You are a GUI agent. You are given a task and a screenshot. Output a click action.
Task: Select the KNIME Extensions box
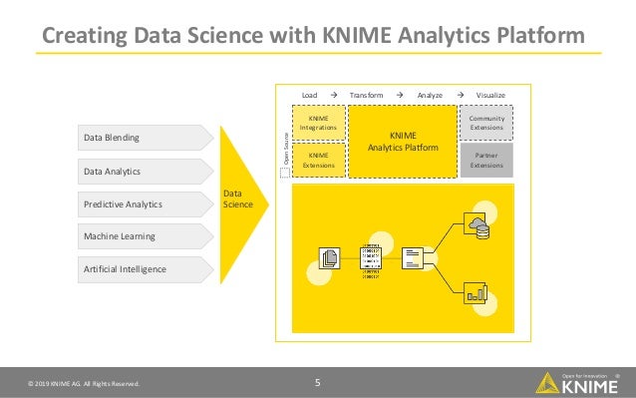319,160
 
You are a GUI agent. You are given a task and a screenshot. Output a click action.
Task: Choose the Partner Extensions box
486,160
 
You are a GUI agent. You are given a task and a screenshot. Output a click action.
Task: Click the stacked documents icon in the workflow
328,258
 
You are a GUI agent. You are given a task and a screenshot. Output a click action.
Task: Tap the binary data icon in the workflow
371,258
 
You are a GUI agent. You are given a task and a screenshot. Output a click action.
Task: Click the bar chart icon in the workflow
477,290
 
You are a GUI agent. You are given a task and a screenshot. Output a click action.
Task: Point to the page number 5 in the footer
317,381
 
